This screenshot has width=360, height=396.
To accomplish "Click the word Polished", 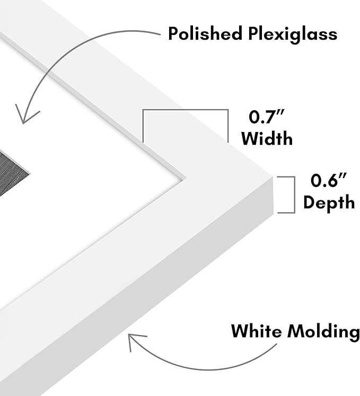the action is point(205,33).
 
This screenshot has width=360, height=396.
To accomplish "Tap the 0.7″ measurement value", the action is point(266,117).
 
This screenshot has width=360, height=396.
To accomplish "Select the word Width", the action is point(267,138).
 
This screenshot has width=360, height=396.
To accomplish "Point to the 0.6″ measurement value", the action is point(328,180).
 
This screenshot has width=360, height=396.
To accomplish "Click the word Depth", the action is point(329,203).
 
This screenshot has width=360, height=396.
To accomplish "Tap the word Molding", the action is point(324,332).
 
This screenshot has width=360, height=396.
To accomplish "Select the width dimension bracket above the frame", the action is point(186,110).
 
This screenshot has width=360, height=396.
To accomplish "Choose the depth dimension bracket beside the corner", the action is point(294,195).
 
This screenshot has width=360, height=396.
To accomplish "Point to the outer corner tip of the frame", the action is point(273,176).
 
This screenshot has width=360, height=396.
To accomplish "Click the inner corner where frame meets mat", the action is point(186,178).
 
